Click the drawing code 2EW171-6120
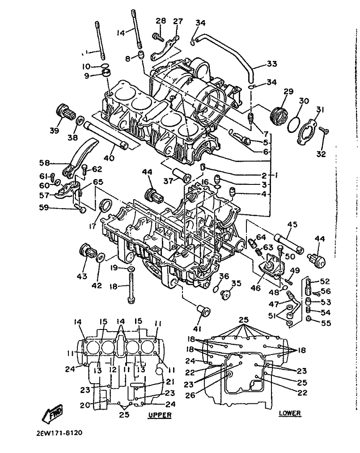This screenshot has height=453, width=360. coord(60,433)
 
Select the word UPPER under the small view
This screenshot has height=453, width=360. coord(160,415)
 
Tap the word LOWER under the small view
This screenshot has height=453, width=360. coord(290,413)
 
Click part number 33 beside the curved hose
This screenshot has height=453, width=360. coord(272,64)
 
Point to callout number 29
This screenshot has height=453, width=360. coord(288,91)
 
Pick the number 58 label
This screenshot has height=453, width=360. coord(44,163)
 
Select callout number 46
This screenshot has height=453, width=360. coord(256,288)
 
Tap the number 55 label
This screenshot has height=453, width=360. coord(326,323)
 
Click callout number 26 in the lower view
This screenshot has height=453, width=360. coord(190,395)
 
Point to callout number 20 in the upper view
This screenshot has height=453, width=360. coord(85,406)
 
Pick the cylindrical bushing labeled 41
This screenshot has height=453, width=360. coord(203,312)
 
